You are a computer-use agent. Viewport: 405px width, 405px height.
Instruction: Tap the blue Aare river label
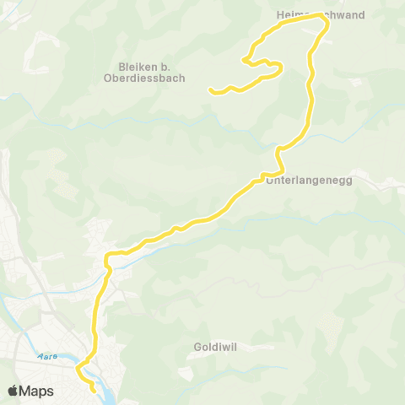click(48, 356)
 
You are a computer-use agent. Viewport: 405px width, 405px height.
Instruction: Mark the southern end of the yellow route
click(93, 391)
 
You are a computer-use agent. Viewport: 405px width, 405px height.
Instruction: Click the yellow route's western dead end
click(209, 89)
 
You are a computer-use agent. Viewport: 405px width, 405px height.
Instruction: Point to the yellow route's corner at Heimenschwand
click(326, 23)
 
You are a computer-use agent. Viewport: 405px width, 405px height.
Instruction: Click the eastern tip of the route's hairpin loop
click(281, 67)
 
